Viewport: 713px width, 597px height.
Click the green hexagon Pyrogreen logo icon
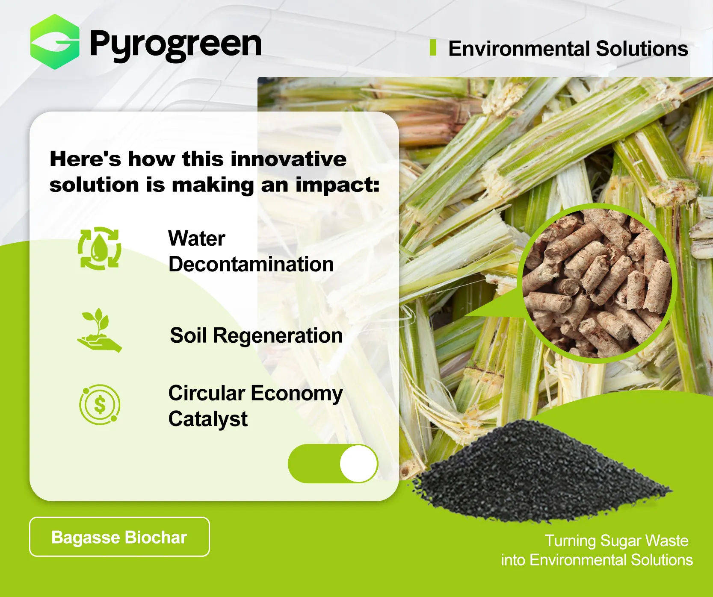[55, 42]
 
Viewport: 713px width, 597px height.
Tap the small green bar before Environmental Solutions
[433, 47]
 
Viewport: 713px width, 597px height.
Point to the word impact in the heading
[337, 185]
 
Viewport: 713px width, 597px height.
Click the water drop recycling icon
[99, 248]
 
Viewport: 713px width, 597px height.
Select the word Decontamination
[251, 265]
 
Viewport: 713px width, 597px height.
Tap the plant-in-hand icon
[99, 330]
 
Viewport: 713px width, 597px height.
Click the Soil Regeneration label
[256, 335]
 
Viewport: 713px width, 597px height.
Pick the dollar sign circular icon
[100, 404]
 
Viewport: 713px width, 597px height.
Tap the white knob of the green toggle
[358, 464]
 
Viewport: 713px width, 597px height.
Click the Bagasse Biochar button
[119, 537]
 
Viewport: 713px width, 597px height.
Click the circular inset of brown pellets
[597, 283]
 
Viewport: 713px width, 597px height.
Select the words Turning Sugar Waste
[616, 541]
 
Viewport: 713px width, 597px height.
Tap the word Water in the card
[197, 238]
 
